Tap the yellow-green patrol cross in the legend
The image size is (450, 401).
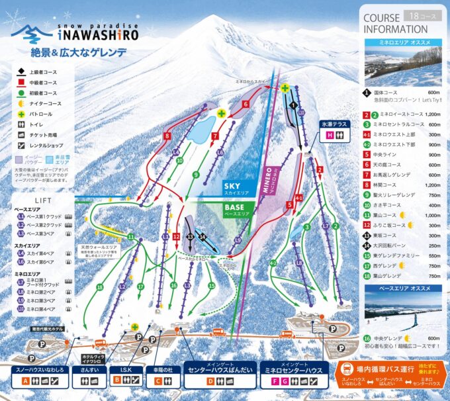coord(21,114)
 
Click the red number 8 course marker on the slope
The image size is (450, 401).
coord(167,136)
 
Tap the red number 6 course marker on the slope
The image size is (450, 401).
coord(245,104)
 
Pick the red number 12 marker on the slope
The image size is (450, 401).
coord(176,236)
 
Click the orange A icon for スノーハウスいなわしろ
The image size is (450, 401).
coord(25,380)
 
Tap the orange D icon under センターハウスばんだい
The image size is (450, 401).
coord(210,381)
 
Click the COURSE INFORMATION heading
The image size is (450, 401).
coord(396,24)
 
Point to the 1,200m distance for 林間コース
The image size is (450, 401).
coord(433,185)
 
